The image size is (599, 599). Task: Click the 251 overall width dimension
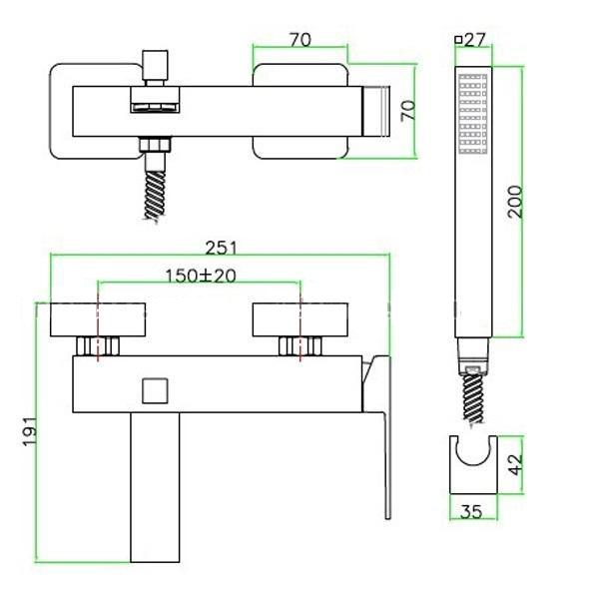coord(222,248)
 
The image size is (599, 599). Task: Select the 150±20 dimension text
coord(201,276)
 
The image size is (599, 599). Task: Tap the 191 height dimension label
coord(30,431)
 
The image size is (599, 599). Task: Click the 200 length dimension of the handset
coord(514,202)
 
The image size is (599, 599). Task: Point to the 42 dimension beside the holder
coord(516,464)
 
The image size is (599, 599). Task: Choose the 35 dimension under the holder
coord(471,512)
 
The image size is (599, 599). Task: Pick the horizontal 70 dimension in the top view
coord(300,40)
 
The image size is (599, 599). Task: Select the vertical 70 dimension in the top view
coord(408,111)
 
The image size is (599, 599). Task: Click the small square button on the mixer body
coord(155,390)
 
